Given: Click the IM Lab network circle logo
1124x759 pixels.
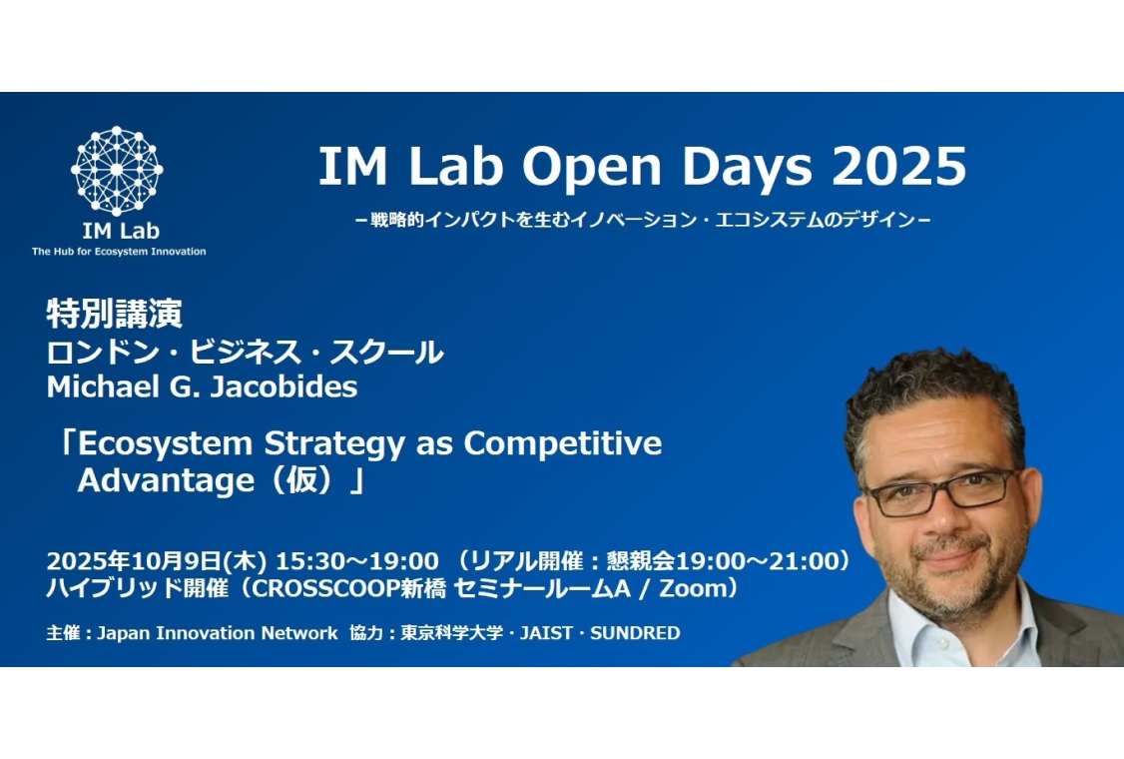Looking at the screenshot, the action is (117, 171).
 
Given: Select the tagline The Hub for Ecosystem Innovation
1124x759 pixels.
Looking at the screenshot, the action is (119, 251).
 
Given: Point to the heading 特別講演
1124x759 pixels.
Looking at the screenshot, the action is (115, 314).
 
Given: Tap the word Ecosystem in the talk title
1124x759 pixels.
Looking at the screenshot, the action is (165, 444).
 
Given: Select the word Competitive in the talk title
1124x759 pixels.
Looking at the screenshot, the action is (563, 444).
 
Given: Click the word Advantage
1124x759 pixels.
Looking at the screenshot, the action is (166, 480).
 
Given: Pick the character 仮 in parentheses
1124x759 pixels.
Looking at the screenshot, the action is (301, 480).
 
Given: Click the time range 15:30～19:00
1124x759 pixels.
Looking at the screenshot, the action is (357, 560).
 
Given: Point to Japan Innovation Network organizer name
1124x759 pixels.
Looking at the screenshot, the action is (218, 633).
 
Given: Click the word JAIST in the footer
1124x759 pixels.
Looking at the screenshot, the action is (546, 633).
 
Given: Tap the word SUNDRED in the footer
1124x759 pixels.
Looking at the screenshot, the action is (635, 633).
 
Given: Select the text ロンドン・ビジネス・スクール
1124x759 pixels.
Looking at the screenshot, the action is (246, 353).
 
